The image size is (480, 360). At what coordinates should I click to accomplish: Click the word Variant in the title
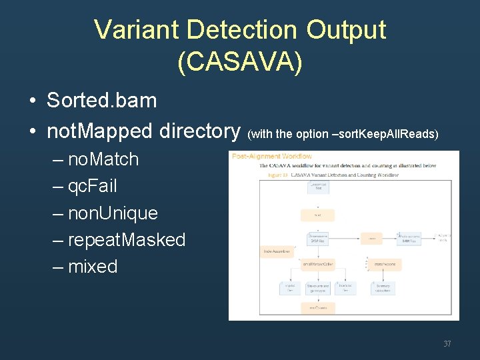(x=137, y=30)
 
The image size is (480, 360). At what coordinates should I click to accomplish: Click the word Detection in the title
(x=241, y=30)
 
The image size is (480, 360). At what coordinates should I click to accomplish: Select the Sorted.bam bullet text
(x=101, y=101)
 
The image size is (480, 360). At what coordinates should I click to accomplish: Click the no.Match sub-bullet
(x=103, y=159)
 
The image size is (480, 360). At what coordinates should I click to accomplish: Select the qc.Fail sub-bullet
(x=92, y=186)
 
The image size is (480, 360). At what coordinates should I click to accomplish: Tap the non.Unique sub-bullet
(x=113, y=213)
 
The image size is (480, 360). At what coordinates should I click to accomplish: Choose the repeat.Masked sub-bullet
(x=127, y=240)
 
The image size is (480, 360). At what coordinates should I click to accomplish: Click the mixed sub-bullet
(x=93, y=267)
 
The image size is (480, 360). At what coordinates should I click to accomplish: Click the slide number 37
(x=447, y=344)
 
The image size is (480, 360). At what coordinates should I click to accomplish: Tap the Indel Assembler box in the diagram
(x=277, y=251)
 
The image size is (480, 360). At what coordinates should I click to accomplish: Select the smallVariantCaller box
(x=317, y=265)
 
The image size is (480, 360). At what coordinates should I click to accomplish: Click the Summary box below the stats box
(x=383, y=288)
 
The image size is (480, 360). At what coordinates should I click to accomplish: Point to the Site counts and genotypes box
(x=317, y=288)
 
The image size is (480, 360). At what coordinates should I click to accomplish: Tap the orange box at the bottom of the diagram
(x=317, y=308)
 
